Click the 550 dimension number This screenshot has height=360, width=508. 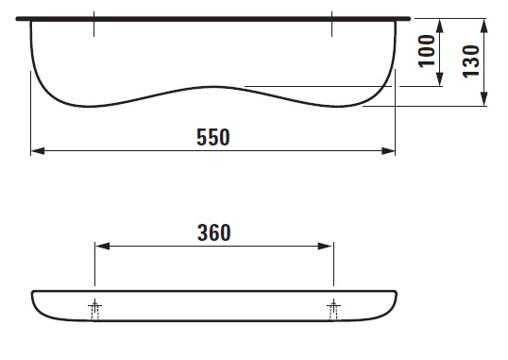[x=213, y=137]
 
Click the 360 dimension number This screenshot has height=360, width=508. [x=213, y=232]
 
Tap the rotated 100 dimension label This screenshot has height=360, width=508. [x=427, y=51]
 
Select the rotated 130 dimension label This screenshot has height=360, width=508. [x=471, y=61]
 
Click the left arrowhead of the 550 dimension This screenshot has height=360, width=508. [x=38, y=151]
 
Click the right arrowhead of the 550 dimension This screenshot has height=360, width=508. [x=388, y=151]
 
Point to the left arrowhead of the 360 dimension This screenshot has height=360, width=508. [x=103, y=247]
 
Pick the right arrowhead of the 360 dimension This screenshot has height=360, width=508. [x=325, y=247]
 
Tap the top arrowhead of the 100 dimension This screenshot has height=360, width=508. [x=440, y=26]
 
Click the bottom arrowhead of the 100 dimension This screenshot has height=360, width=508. [x=440, y=79]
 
